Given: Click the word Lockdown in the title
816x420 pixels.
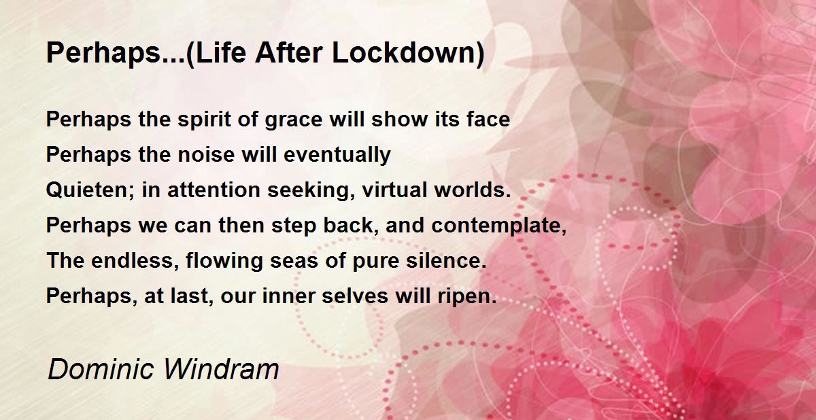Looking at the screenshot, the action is pyautogui.click(x=409, y=53).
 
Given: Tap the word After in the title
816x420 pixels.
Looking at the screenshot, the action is pyautogui.click(x=288, y=53).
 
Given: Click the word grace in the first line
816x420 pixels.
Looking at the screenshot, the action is pyautogui.click(x=294, y=121).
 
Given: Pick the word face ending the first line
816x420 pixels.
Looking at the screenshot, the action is pyautogui.click(x=488, y=119).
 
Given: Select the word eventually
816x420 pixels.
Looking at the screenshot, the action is pyautogui.click(x=337, y=156).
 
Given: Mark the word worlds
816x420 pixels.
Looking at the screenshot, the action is pyautogui.click(x=473, y=190).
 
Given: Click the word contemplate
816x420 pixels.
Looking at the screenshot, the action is pyautogui.click(x=498, y=226).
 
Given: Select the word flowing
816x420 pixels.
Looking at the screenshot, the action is pyautogui.click(x=224, y=262).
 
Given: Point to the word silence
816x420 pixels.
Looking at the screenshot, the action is pyautogui.click(x=446, y=260).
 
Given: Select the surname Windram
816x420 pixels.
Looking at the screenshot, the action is pyautogui.click(x=221, y=369).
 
